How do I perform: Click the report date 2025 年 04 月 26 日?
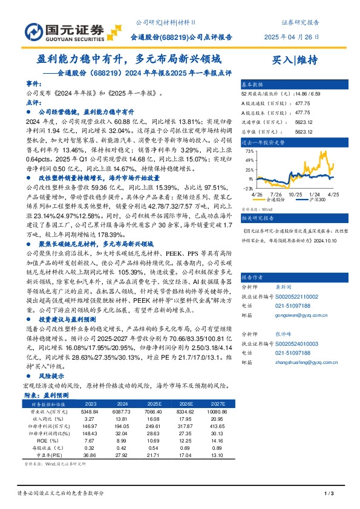click(292, 37)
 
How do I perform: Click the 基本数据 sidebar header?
click(252, 85)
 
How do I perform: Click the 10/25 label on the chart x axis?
click(295, 194)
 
